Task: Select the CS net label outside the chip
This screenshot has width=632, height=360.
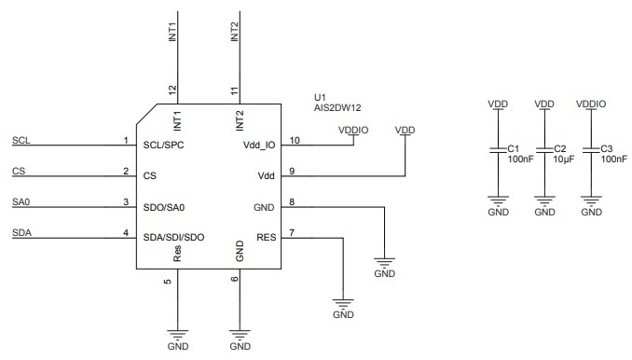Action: pyautogui.click(x=19, y=171)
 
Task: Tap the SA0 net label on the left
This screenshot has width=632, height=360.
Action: pyautogui.click(x=21, y=202)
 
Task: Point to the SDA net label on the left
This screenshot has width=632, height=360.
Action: pyautogui.click(x=21, y=233)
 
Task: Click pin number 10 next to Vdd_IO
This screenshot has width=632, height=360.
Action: pyautogui.click(x=295, y=140)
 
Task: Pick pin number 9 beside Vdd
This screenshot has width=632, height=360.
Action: pyautogui.click(x=292, y=171)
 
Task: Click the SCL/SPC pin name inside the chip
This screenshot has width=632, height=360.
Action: pyautogui.click(x=165, y=146)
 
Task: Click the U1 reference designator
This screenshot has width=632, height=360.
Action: pyautogui.click(x=321, y=96)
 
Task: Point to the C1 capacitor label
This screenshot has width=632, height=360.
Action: pyautogui.click(x=513, y=148)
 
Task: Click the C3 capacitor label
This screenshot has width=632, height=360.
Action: pyautogui.click(x=606, y=148)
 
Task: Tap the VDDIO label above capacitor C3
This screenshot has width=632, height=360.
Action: pyautogui.click(x=591, y=104)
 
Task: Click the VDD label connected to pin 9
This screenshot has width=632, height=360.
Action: pyautogui.click(x=405, y=130)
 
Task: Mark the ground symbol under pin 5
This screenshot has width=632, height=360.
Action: pyautogui.click(x=177, y=335)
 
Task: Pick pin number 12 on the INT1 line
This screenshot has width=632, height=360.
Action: pyautogui.click(x=172, y=90)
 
